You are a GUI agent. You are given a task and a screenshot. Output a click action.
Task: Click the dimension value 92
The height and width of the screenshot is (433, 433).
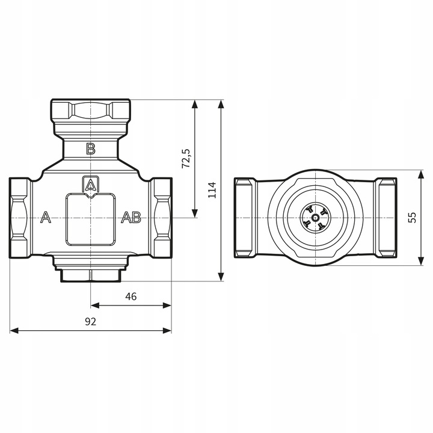tap(90, 321)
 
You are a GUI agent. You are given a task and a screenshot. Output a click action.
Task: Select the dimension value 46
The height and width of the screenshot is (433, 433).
tap(131, 296)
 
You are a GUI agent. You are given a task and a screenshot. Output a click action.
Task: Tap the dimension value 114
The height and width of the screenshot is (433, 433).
tap(212, 189)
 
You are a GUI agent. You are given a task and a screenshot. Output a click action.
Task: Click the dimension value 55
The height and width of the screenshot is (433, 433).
tap(412, 217)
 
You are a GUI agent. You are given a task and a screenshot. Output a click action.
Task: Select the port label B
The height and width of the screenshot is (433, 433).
tap(90, 149)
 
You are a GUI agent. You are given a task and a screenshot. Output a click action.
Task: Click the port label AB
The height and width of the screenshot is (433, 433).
tap(131, 218)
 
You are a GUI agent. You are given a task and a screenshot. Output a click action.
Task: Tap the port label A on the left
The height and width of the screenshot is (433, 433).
tap(45, 218)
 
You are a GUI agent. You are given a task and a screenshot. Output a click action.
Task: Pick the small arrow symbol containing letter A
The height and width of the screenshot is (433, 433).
tap(90, 184)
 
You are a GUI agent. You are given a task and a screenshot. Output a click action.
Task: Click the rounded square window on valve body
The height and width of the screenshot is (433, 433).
tap(90, 219)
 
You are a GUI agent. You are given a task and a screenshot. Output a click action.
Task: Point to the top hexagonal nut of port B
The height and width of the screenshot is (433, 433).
tap(90, 111)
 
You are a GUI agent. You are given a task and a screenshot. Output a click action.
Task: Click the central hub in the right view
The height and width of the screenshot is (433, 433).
tap(315, 217)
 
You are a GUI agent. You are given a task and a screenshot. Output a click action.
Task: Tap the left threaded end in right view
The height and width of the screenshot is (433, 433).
tap(244, 217)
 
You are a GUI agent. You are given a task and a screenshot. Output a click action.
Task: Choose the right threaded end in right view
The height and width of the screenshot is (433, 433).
tap(385, 217)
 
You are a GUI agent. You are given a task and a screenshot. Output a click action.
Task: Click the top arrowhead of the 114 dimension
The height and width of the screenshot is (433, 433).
tap(221, 103)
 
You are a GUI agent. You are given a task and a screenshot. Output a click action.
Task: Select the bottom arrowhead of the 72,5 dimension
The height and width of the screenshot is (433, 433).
tap(194, 213)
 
